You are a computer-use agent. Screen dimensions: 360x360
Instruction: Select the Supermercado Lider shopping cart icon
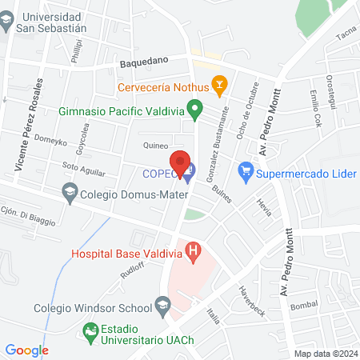246,170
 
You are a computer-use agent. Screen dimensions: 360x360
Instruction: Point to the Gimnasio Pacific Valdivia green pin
193,106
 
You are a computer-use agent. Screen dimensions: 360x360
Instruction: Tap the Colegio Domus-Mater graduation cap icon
70,192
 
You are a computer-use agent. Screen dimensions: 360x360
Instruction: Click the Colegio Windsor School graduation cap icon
163,305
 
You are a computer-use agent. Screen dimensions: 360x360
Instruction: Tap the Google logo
27,350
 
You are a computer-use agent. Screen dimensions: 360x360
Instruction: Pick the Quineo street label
154,146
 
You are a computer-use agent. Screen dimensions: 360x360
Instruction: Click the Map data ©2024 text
326,354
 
